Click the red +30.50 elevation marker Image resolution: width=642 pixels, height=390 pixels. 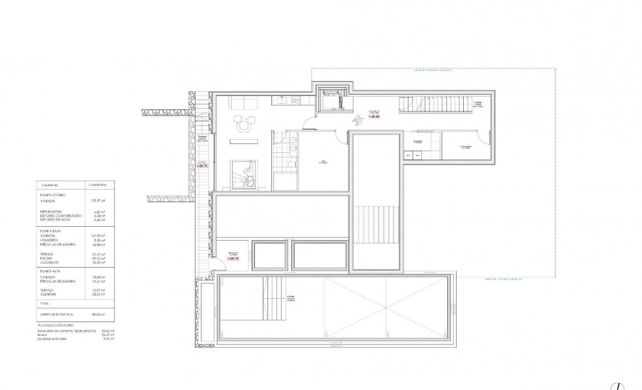[x=374, y=116]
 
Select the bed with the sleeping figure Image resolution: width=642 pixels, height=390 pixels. [x=245, y=173]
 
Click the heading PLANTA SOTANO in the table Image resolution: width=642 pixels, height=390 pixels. [x=53, y=195]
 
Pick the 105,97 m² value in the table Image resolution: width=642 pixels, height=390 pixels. [x=97, y=201]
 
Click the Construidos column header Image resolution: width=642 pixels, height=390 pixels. [x=95, y=185]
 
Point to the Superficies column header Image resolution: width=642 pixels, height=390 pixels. [x=53, y=185]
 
